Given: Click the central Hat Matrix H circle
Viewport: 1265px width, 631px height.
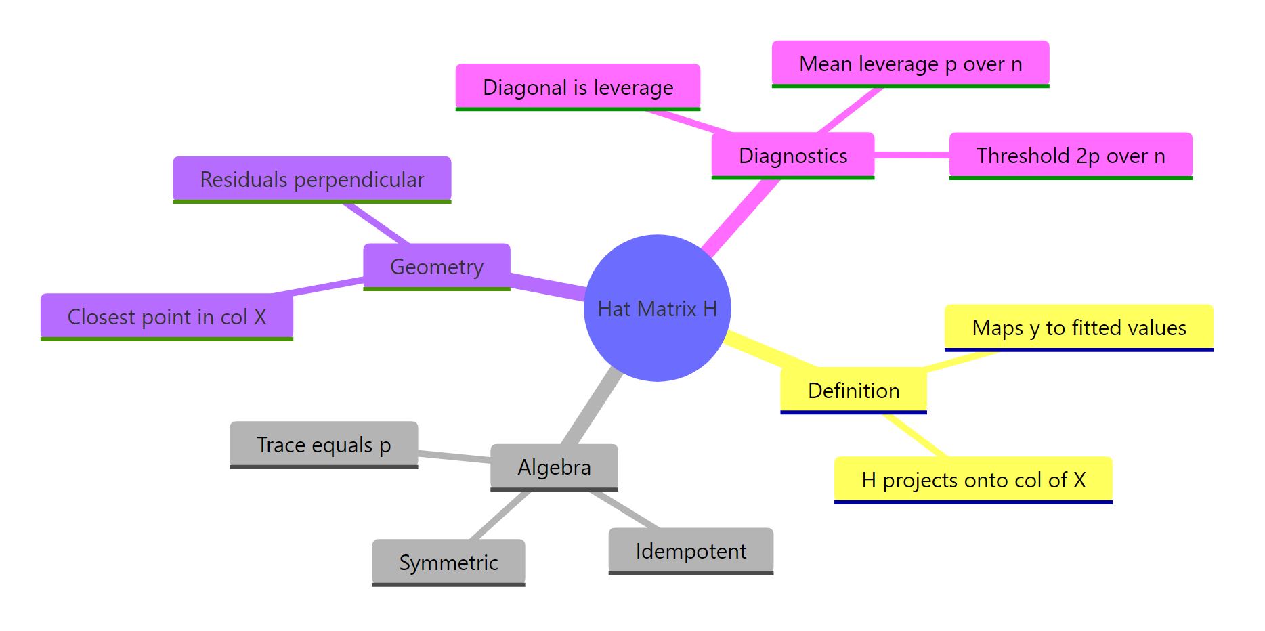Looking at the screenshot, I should tap(657, 308).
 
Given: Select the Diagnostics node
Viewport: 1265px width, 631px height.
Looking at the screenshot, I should tap(792, 155).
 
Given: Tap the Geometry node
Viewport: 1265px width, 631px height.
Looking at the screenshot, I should tap(436, 266).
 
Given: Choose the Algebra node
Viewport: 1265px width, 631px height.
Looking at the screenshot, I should tap(554, 466).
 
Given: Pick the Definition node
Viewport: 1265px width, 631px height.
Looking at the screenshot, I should tap(853, 390).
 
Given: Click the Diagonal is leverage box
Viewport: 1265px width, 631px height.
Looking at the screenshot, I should tap(578, 87).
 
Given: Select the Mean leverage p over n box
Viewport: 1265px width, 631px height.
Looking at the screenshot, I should tap(910, 64).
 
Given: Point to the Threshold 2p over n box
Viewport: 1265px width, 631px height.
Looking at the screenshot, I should tap(1070, 155).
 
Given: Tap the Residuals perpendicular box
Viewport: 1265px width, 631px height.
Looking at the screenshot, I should tap(312, 179).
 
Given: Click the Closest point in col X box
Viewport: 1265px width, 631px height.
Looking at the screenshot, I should tap(167, 316).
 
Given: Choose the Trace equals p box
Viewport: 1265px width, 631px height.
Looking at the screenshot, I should tap(324, 444).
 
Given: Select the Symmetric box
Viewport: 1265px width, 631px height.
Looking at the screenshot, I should tap(448, 562).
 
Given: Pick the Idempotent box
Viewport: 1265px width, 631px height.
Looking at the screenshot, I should tap(691, 550).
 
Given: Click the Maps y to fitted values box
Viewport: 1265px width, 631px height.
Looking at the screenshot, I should tap(1079, 327).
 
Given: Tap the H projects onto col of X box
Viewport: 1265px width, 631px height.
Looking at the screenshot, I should tap(973, 479).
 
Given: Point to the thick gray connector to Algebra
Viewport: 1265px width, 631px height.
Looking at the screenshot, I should tap(593, 406).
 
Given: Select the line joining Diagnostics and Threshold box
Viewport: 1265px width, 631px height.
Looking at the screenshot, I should tap(912, 155).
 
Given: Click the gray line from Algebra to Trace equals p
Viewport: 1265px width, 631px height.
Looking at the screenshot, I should tap(454, 456).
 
